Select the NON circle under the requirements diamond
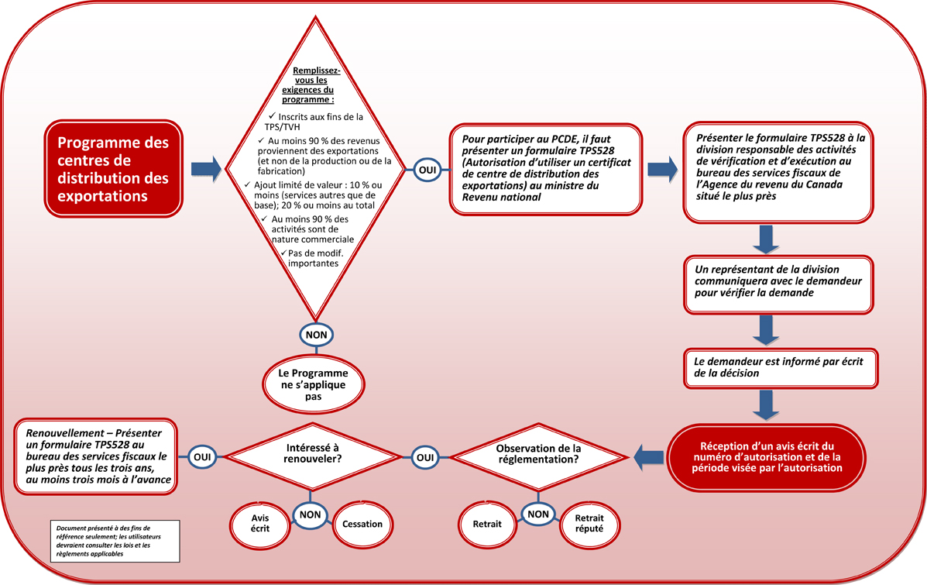[316, 335]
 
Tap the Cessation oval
[362, 525]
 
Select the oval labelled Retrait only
[487, 525]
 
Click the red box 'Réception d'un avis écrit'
[766, 457]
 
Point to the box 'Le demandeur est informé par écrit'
[780, 367]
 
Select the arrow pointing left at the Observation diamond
[649, 457]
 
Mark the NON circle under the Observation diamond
[537, 514]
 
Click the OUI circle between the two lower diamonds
[424, 457]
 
